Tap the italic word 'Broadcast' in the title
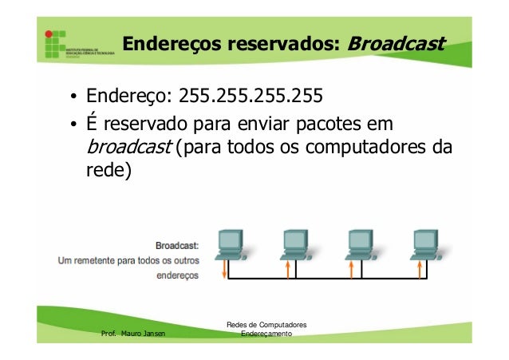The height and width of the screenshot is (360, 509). [396, 42]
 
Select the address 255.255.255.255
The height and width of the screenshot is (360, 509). [251, 98]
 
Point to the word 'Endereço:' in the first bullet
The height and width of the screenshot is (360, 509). [130, 98]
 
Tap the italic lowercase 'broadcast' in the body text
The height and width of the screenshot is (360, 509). [124, 148]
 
